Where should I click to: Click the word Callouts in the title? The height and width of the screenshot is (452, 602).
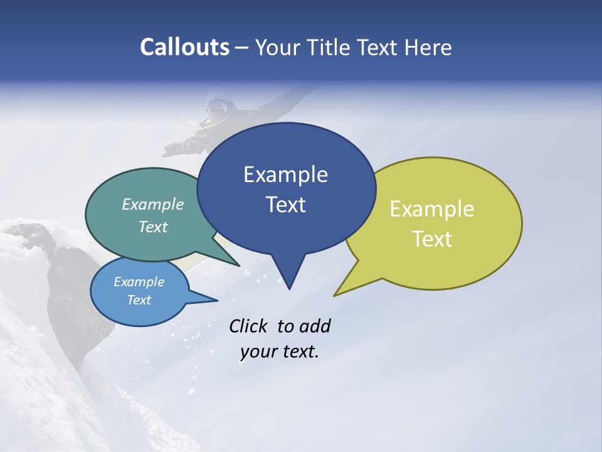pyautogui.click(x=184, y=47)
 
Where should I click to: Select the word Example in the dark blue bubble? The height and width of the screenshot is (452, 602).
pyautogui.click(x=285, y=175)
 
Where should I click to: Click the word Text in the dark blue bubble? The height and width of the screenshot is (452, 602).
pyautogui.click(x=285, y=205)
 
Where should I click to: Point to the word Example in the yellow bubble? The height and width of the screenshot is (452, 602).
pyautogui.click(x=432, y=209)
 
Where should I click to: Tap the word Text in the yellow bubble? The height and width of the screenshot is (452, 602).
pyautogui.click(x=432, y=239)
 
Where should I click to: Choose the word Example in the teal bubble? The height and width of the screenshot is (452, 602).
pyautogui.click(x=153, y=204)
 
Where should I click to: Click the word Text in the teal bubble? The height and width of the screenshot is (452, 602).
pyautogui.click(x=153, y=227)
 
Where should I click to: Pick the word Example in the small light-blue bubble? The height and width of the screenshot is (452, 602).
pyautogui.click(x=139, y=282)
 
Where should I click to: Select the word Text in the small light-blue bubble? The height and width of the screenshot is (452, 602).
pyautogui.click(x=139, y=300)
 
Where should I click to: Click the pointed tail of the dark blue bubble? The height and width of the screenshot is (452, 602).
pyautogui.click(x=288, y=282)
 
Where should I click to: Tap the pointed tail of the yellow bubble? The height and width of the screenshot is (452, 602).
pyautogui.click(x=339, y=291)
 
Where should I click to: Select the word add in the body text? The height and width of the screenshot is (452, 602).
pyautogui.click(x=315, y=326)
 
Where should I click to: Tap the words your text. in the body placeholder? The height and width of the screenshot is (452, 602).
pyautogui.click(x=280, y=352)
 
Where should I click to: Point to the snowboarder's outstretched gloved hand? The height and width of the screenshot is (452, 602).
pyautogui.click(x=171, y=149)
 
